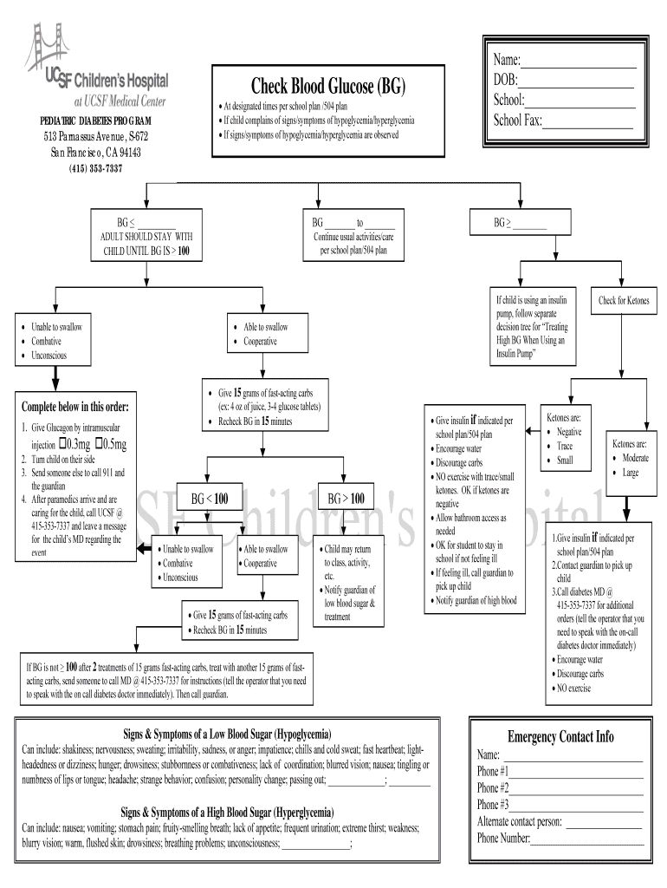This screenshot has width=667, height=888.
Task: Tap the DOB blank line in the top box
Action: [578, 81]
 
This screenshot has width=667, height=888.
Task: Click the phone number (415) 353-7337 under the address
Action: [95, 168]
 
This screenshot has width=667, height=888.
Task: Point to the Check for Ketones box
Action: [624, 301]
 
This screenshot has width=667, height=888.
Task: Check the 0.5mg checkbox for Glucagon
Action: [100, 445]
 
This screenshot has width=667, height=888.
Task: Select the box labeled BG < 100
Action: [209, 499]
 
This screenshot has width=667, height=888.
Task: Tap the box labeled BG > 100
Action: [346, 499]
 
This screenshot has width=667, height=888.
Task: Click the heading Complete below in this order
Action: [74, 407]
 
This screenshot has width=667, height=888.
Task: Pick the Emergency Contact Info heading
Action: [560, 737]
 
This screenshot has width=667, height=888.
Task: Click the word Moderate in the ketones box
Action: [635, 458]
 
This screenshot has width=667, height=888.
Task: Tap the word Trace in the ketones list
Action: [565, 446]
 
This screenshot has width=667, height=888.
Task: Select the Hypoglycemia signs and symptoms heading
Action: [226, 734]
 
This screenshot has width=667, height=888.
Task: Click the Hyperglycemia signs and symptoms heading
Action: [226, 813]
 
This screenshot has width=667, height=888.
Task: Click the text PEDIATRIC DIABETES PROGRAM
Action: [95, 121]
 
